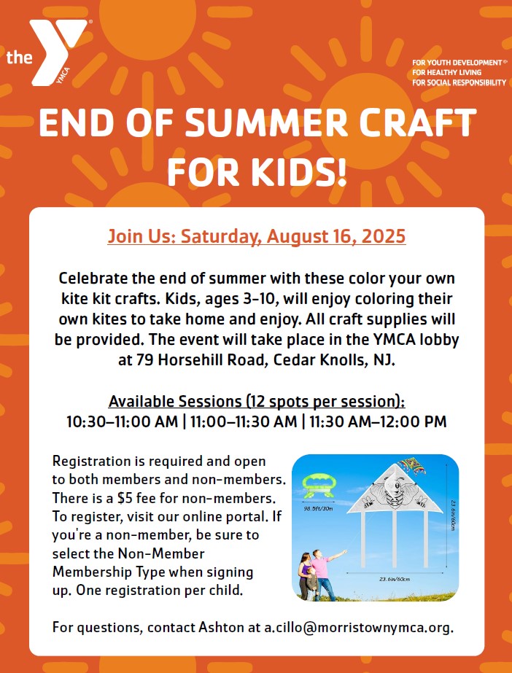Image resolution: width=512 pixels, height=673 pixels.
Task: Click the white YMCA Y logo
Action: click(55, 52)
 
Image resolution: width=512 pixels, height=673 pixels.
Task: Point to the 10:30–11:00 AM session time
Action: click(122, 421)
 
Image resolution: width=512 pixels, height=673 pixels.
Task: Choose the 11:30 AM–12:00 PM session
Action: click(378, 421)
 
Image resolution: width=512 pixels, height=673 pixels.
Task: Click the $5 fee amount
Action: click(123, 498)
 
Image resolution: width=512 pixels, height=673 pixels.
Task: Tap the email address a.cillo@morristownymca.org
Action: click(358, 627)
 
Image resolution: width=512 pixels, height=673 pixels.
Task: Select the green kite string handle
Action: click(318, 486)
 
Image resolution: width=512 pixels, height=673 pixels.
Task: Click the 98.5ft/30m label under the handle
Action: click(319, 509)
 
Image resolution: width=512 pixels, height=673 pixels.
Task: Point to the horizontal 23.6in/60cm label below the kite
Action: click(395, 580)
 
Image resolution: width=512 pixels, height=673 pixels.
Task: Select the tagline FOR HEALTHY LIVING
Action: click(441, 72)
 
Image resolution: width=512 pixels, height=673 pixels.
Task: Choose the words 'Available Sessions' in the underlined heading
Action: click(175, 402)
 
